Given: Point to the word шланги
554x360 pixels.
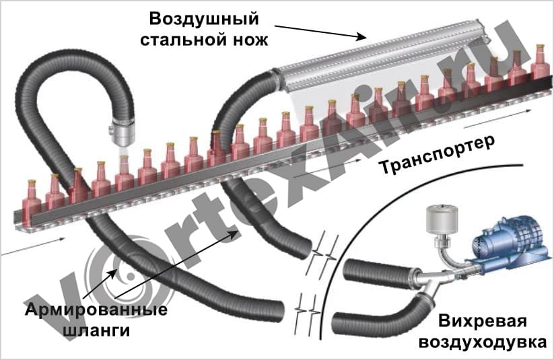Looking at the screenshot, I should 98,331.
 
